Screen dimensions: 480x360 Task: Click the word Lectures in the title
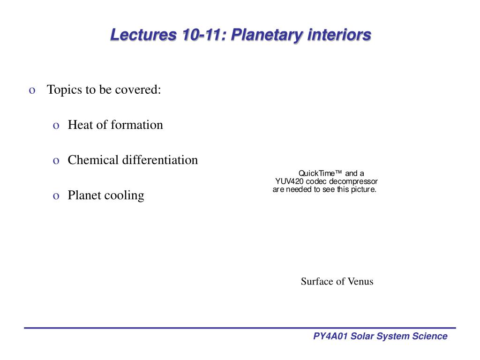[143, 34]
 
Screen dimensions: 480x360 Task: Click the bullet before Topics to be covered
[32, 90]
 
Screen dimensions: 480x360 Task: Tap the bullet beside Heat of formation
[56, 126]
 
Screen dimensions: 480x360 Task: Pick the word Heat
[80, 125]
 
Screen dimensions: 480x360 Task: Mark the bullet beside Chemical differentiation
[56, 161]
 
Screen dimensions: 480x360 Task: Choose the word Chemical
[93, 160]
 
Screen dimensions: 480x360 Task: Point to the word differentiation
[160, 160]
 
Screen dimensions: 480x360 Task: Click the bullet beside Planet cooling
[56, 196]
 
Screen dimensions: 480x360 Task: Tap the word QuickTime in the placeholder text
[320, 173]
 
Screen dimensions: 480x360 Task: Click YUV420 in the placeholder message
[289, 181]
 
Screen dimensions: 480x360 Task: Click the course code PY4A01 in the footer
[330, 336]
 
